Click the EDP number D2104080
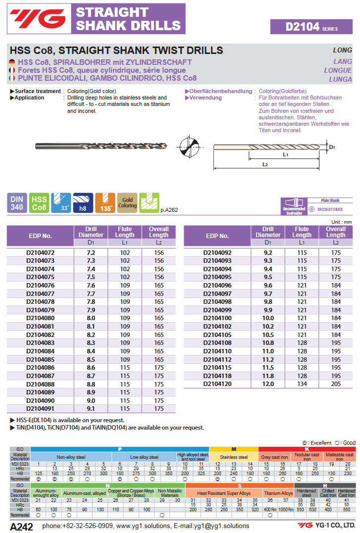(x=40, y=318)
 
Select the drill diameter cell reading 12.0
(x=268, y=384)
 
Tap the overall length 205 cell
(x=336, y=384)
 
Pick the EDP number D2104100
(x=217, y=318)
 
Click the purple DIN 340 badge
(x=17, y=203)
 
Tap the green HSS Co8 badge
(x=39, y=203)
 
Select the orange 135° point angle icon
(x=105, y=203)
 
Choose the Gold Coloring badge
(x=127, y=203)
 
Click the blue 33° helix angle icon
(x=61, y=203)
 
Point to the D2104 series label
(x=311, y=27)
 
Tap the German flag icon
(x=12, y=62)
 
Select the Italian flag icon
(x=12, y=78)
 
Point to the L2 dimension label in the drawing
(x=265, y=164)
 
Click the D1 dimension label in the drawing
(x=332, y=147)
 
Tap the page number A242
(x=21, y=526)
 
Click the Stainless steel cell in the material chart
(x=234, y=457)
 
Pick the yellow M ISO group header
(x=234, y=449)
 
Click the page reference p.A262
(x=169, y=210)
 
